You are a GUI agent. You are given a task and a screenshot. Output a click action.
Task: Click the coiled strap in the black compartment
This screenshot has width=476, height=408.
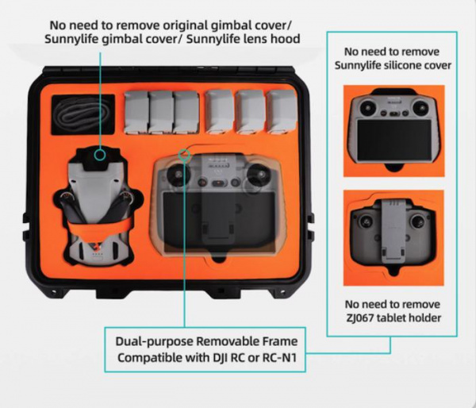83,114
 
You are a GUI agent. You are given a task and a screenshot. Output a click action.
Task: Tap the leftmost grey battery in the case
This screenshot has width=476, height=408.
136,112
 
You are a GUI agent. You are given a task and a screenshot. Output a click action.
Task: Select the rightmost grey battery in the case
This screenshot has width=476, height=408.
282,111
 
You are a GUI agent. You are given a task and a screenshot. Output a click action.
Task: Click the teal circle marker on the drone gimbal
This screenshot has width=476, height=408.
100,155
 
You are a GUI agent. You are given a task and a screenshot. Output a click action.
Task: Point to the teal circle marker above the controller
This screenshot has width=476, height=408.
184,155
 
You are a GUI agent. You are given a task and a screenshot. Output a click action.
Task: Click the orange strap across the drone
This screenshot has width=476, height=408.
99,228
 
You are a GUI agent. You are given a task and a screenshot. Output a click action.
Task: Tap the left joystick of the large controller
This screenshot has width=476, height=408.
178,175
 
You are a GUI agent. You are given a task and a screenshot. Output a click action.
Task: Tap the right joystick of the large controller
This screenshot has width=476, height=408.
259,175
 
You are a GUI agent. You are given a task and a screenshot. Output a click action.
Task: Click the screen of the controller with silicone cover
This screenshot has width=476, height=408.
393,140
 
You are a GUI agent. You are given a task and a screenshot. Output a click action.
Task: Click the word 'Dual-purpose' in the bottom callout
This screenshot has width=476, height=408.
154,342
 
